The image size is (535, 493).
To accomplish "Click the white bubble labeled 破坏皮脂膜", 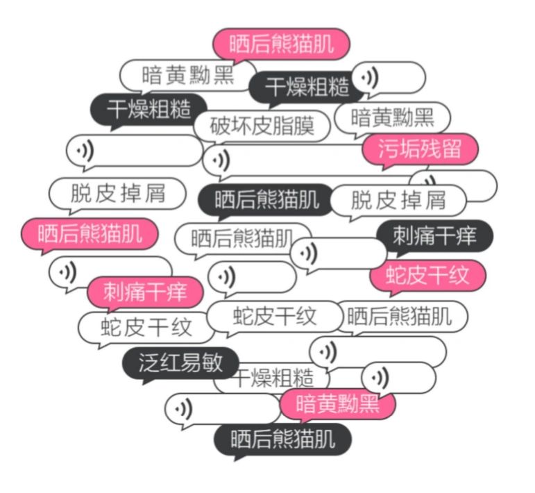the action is point(262,126).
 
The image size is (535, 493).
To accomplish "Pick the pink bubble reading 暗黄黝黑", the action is point(337,404).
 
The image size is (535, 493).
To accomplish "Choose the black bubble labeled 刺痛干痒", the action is point(434,236).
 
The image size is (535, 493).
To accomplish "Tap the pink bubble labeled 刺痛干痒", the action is point(145,292).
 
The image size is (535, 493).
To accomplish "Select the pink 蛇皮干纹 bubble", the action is point(428,276).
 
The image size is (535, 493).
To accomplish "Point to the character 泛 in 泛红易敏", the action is point(149,362).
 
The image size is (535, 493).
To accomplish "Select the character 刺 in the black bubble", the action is point(404,236).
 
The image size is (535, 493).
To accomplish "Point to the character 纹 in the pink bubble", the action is point(459,276).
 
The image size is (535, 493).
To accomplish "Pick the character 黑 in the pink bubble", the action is point(369,404).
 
